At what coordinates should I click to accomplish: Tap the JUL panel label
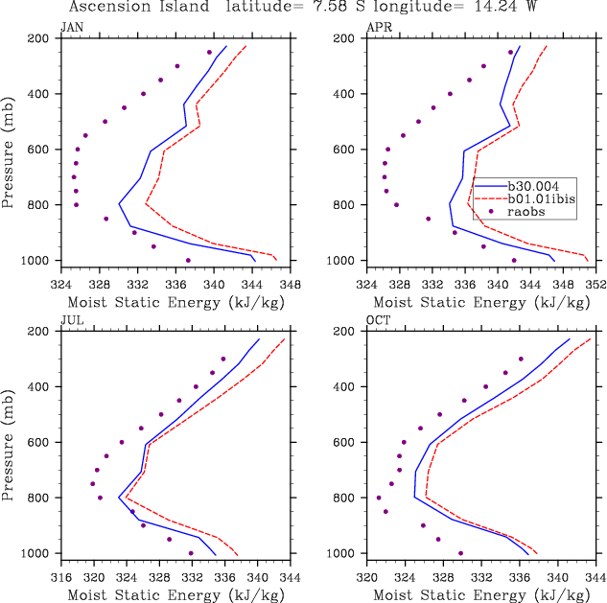click(x=72, y=320)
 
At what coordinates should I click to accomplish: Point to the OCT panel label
click(x=378, y=320)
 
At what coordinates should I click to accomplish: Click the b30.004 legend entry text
click(x=540, y=185)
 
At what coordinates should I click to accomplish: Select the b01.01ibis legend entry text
click(x=543, y=198)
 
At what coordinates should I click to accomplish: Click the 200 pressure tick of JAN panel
click(x=39, y=38)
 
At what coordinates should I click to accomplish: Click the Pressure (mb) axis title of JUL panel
click(x=9, y=442)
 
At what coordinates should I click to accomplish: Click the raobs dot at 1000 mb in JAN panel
click(x=188, y=260)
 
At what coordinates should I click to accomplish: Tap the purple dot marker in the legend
click(x=489, y=212)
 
